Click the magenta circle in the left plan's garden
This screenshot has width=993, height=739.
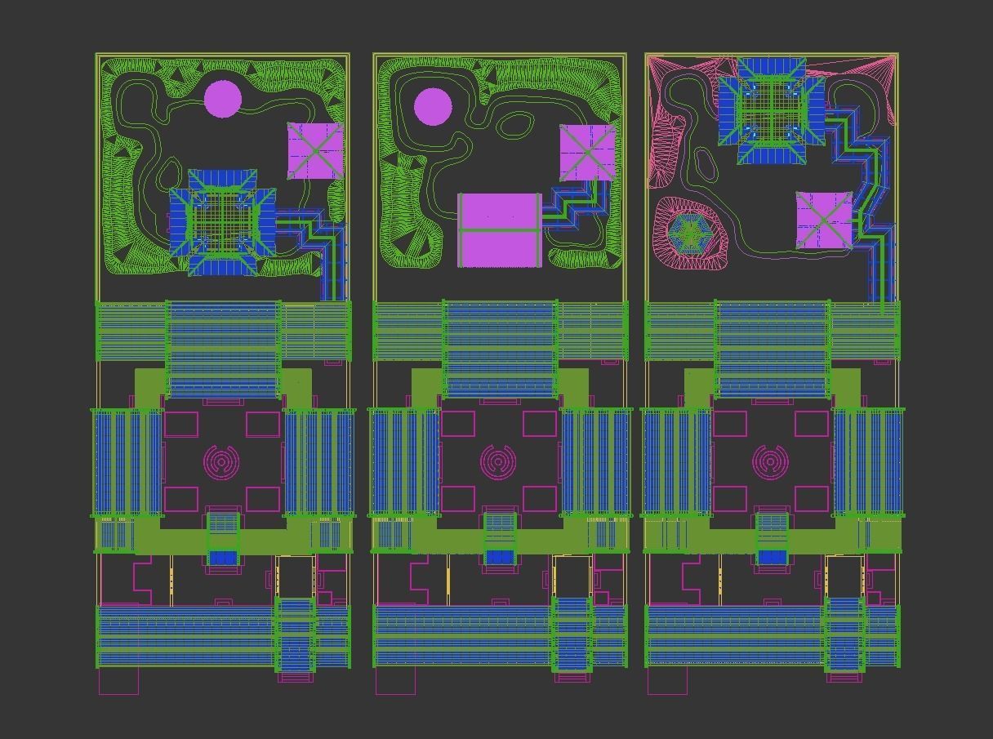[x=222, y=99]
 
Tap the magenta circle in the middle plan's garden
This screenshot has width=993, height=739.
[x=432, y=107]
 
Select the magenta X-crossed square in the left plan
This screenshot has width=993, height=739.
[x=315, y=151]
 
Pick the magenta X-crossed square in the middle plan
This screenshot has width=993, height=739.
[x=587, y=153]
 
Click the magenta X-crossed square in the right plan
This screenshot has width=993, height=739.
[x=824, y=220]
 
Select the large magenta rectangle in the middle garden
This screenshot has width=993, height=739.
[x=499, y=229]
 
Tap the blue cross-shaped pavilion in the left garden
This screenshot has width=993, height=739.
[x=222, y=223]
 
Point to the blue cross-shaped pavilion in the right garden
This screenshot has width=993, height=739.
[x=772, y=110]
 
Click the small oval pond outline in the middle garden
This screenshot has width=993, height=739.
[x=515, y=125]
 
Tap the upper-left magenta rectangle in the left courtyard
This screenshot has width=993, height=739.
[x=181, y=424]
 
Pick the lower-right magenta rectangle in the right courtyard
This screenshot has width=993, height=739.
[x=812, y=499]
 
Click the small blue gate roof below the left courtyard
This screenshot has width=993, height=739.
[x=222, y=558]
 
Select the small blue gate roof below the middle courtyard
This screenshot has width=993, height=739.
[x=499, y=558]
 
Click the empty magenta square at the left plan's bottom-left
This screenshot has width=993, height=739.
[x=118, y=681]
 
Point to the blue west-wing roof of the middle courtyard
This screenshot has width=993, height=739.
[x=404, y=462]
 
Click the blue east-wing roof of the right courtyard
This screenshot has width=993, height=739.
[x=867, y=462]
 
